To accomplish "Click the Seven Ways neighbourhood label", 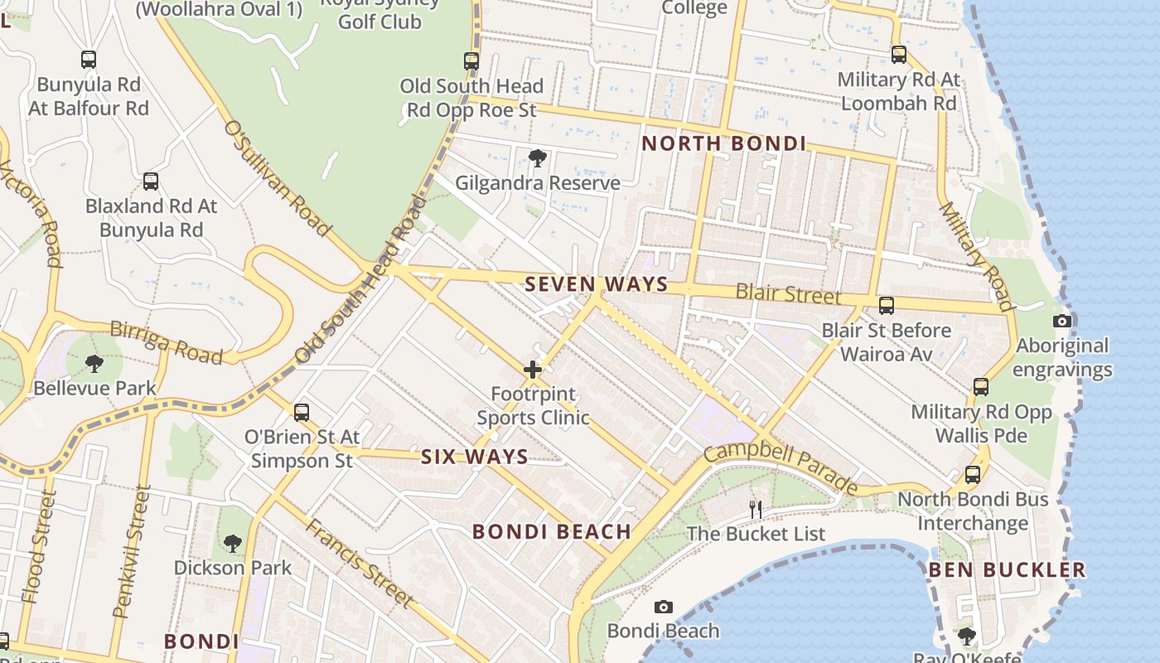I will pyautogui.click(x=597, y=284).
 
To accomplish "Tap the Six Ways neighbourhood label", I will pyautogui.click(x=474, y=457).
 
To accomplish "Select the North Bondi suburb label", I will pyautogui.click(x=723, y=143).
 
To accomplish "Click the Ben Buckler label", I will pyautogui.click(x=1007, y=569).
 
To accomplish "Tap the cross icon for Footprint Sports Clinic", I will pyautogui.click(x=533, y=370).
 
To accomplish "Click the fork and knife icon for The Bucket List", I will pyautogui.click(x=755, y=509).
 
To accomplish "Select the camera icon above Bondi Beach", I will pyautogui.click(x=663, y=607).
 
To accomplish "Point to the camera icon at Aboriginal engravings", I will pyautogui.click(x=1061, y=322).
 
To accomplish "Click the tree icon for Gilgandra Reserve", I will pyautogui.click(x=537, y=157).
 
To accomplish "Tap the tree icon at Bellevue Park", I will pyautogui.click(x=94, y=363).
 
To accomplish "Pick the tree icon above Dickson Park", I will pyautogui.click(x=233, y=544).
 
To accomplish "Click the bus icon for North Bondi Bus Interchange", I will pyautogui.click(x=973, y=475).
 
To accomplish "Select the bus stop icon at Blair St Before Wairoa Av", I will pyautogui.click(x=887, y=306).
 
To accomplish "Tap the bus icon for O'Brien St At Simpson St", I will pyautogui.click(x=302, y=412).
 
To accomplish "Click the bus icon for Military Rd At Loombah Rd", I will pyautogui.click(x=899, y=55).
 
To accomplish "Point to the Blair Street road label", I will pyautogui.click(x=788, y=294).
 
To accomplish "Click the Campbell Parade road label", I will pyautogui.click(x=781, y=467).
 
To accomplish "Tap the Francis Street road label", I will pyautogui.click(x=358, y=562).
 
